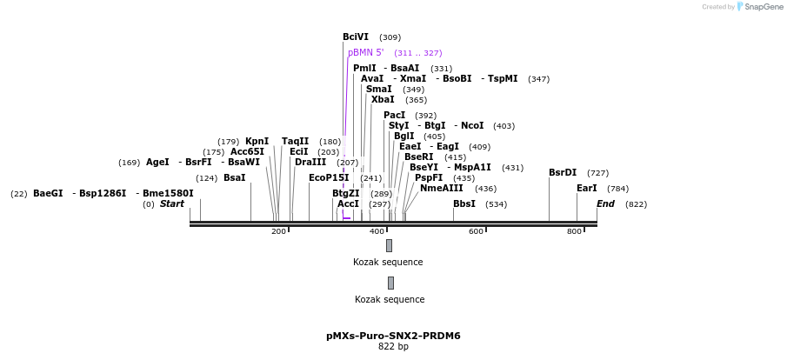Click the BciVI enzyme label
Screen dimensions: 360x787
[x=356, y=37]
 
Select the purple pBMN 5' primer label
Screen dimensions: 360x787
[x=366, y=53]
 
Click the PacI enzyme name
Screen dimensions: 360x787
[x=395, y=116]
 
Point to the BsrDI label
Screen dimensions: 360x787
[x=563, y=173]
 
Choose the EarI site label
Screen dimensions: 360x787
[x=587, y=189]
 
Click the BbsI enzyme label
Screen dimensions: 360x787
[x=464, y=204]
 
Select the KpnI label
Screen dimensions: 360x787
[x=257, y=142]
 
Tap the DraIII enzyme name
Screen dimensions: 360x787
[x=310, y=163]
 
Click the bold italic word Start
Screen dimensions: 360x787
[x=172, y=204]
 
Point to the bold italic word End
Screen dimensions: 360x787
[x=605, y=204]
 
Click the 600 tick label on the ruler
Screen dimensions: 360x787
[x=476, y=231]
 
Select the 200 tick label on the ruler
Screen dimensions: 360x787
[x=278, y=231]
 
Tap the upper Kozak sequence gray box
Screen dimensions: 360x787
[x=389, y=246]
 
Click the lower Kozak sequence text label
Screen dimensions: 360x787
[x=390, y=300]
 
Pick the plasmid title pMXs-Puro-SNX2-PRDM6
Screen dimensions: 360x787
[x=393, y=336]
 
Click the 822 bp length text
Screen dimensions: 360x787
[x=393, y=347]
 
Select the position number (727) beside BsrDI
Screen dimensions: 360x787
[x=598, y=173]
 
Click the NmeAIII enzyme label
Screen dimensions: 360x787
[x=442, y=189]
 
